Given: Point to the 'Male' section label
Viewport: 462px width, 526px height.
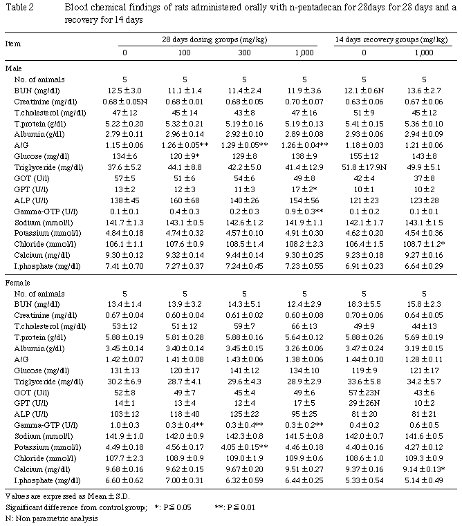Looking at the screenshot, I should (14, 68).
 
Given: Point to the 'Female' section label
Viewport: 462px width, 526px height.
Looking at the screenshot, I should (17, 283).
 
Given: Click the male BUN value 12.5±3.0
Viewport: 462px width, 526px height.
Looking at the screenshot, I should (125, 91).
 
